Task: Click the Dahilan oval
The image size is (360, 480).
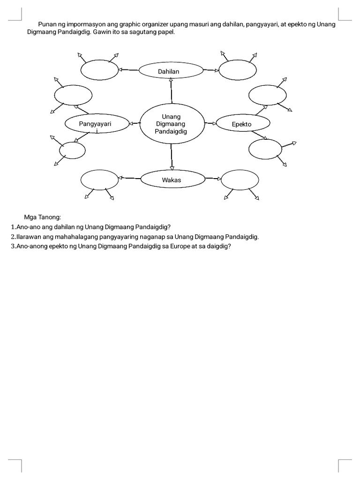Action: (171, 71)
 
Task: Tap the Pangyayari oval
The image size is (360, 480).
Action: (96, 124)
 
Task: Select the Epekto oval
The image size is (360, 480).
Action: (242, 124)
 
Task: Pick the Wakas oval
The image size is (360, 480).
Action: (172, 179)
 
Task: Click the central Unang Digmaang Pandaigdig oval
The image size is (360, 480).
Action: (171, 124)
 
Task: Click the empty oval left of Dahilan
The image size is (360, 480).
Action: (100, 70)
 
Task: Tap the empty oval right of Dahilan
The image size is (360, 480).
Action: (238, 71)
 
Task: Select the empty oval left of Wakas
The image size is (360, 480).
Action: (100, 180)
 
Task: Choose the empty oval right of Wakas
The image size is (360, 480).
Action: (240, 180)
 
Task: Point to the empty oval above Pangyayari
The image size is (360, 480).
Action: (72, 96)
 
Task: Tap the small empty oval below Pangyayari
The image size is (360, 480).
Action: (73, 150)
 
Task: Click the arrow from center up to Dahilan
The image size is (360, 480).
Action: (172, 91)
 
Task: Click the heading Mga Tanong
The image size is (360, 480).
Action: (43, 217)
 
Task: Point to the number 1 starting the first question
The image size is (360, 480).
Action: (12, 227)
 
